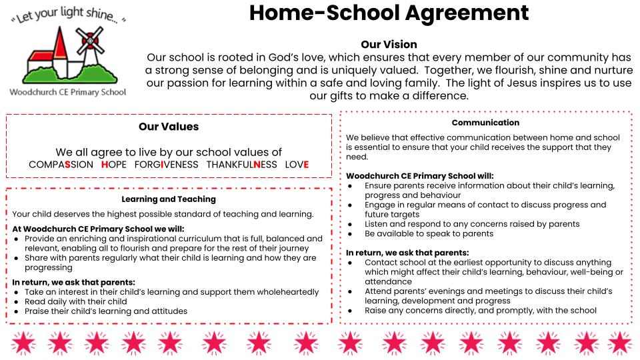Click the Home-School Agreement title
click(x=389, y=13)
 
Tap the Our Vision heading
click(x=389, y=45)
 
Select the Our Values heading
click(x=169, y=126)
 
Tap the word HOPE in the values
click(x=114, y=165)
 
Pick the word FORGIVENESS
click(x=166, y=165)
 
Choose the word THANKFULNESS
click(x=241, y=165)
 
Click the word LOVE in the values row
click(x=297, y=165)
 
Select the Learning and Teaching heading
click(x=169, y=199)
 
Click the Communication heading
click(x=485, y=123)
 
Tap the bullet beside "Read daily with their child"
click(x=17, y=301)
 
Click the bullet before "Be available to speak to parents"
click(x=351, y=234)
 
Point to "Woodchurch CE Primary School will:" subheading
click(x=420, y=176)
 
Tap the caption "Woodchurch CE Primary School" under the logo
click(x=67, y=92)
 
